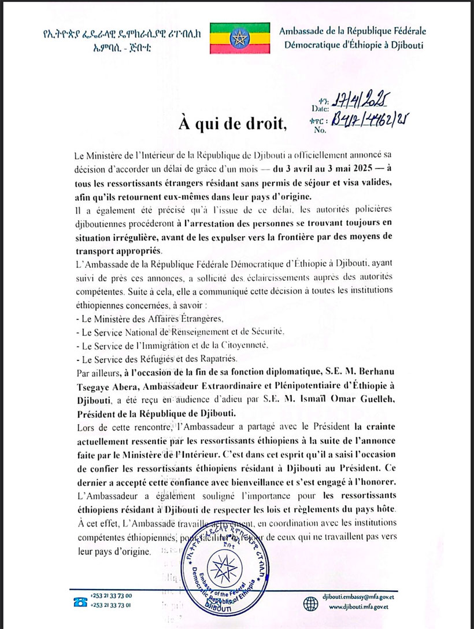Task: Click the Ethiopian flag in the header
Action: [239, 38]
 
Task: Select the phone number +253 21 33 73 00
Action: [111, 595]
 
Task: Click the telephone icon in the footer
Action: [79, 601]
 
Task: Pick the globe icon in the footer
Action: [310, 601]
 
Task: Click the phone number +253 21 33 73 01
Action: [111, 606]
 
